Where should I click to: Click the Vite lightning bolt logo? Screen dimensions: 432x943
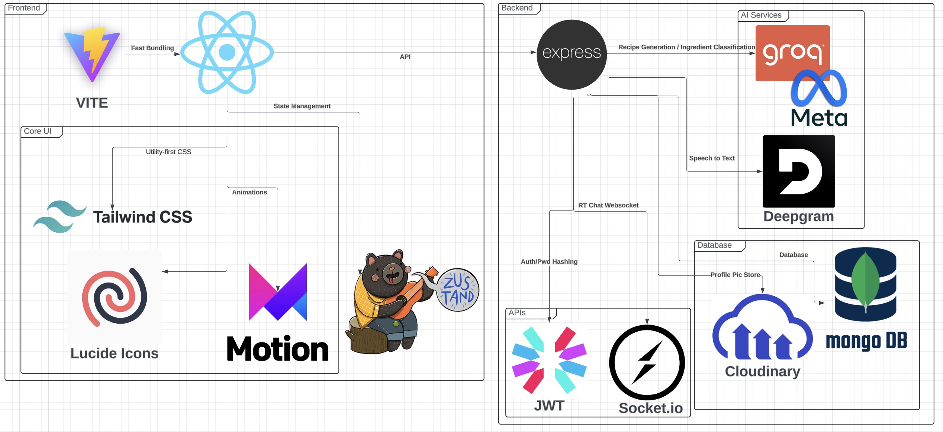[92, 54]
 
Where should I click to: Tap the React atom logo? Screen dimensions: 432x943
[227, 52]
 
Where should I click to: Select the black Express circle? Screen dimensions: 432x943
[572, 54]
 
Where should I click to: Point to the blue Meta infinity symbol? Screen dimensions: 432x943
[819, 88]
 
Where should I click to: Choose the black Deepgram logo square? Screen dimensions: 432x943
[799, 171]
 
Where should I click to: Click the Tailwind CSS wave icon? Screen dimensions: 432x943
[59, 217]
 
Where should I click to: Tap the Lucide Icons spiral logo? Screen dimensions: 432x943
[115, 297]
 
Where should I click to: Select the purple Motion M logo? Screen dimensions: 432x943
[278, 292]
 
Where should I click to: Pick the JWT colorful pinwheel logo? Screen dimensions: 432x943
[549, 360]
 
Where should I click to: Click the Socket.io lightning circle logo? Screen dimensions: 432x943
[647, 362]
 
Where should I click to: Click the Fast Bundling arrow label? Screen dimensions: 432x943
[152, 48]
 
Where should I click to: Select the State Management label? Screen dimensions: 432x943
[302, 106]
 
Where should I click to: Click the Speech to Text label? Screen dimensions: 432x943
[712, 158]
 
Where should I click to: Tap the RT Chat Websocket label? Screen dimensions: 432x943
[608, 205]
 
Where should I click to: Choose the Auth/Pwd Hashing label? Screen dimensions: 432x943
[549, 261]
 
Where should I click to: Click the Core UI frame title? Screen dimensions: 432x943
[38, 131]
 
